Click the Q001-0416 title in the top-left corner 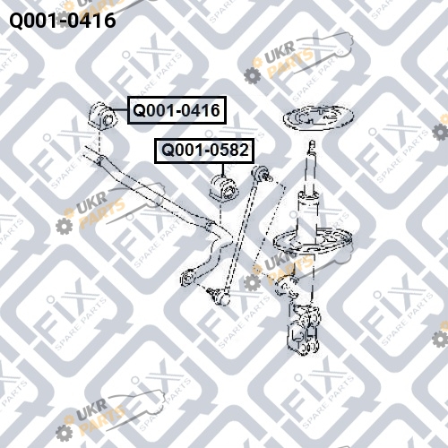point(63,21)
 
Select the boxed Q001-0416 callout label point(177,110)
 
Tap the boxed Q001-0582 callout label point(204,151)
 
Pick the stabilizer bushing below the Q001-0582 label point(225,188)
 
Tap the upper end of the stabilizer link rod point(262,173)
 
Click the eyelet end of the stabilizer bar point(187,278)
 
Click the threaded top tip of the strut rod point(313,145)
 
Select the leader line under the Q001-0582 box point(222,170)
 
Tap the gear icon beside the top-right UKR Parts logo point(253,75)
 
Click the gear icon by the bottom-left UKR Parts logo point(64,433)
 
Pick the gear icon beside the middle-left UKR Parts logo point(65,226)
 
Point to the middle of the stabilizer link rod point(240,235)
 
